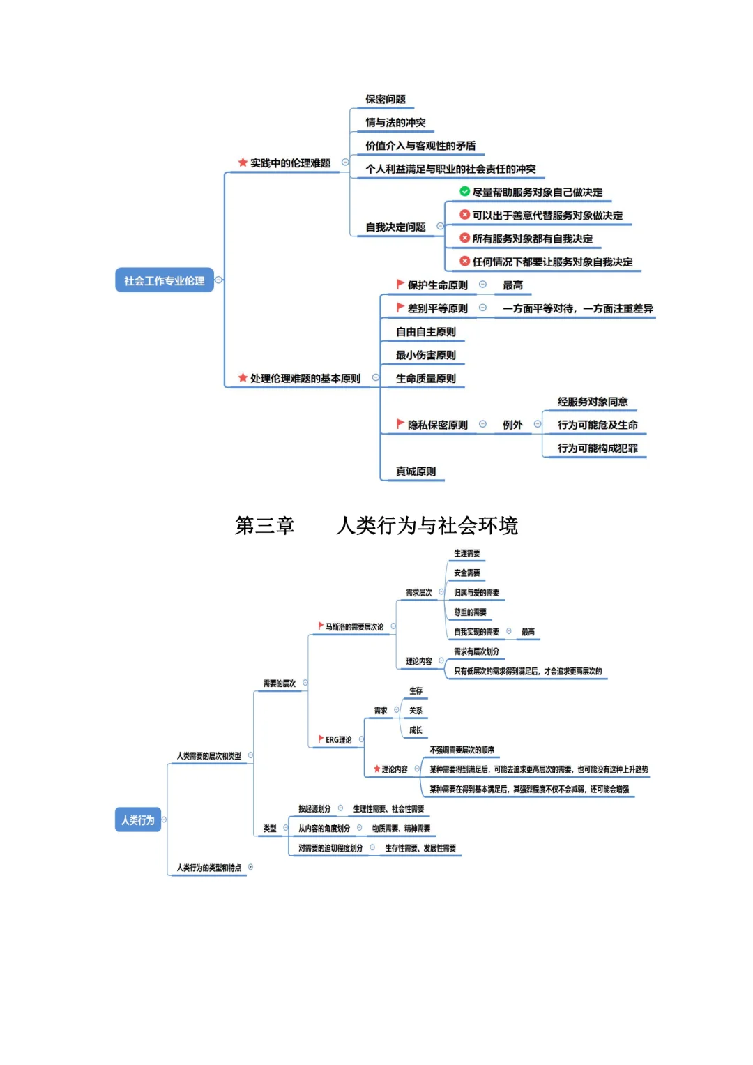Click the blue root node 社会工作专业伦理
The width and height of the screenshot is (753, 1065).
tap(164, 280)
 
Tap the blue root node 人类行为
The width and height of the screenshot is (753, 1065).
tap(137, 819)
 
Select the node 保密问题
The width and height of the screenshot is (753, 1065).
tap(385, 99)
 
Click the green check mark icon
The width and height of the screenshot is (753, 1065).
tap(464, 191)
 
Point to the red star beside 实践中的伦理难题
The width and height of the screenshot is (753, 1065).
tap(243, 163)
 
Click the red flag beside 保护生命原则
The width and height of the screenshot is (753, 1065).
tap(400, 285)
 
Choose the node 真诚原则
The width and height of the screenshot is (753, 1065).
tap(416, 471)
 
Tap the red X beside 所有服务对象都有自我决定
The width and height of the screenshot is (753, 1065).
tap(464, 238)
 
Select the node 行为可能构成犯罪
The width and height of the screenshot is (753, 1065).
tap(597, 448)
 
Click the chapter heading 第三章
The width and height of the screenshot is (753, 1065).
tap(264, 525)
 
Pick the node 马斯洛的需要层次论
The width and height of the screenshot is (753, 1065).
tap(354, 627)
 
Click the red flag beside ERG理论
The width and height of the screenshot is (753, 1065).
tap(321, 739)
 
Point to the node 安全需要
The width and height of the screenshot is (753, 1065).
tap(466, 573)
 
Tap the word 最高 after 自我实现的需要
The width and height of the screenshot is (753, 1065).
tap(528, 632)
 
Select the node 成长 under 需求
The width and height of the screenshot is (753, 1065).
tap(416, 730)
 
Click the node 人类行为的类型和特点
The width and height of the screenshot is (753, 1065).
tap(208, 868)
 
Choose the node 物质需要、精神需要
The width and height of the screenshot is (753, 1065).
tap(401, 829)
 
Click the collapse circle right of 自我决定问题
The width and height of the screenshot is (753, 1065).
tap(440, 226)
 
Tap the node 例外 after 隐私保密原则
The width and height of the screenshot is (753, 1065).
tap(512, 425)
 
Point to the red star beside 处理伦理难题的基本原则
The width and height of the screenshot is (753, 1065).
tap(243, 377)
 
